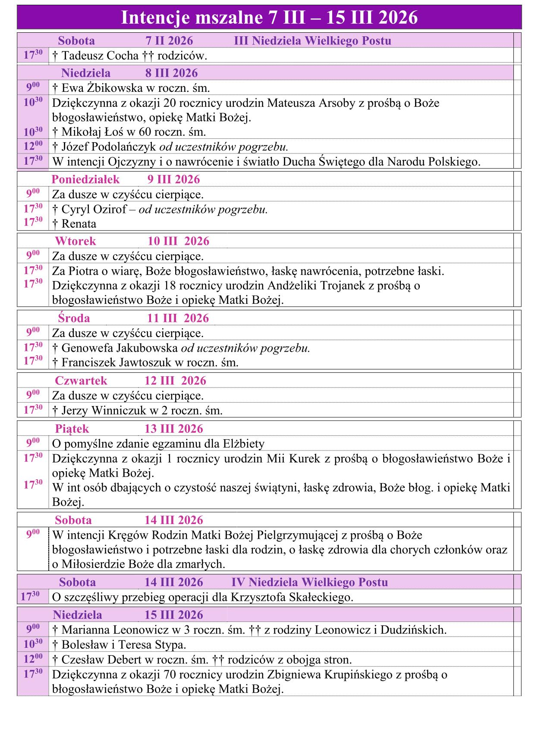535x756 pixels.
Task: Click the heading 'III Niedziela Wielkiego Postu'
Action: pyautogui.click(x=312, y=41)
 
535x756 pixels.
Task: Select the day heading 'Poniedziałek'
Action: pyautogui.click(x=85, y=179)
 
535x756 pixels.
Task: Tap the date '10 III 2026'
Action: pyautogui.click(x=178, y=241)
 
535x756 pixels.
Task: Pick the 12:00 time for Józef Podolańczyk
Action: pyautogui.click(x=33, y=146)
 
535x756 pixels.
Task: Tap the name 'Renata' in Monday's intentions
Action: pyautogui.click(x=79, y=224)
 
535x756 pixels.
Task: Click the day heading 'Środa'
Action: pyautogui.click(x=74, y=318)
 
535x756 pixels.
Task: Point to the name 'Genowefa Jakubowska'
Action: pyautogui.click(x=120, y=348)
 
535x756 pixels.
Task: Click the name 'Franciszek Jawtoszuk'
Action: pyautogui.click(x=116, y=362)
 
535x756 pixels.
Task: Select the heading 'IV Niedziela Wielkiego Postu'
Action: pyautogui.click(x=309, y=582)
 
